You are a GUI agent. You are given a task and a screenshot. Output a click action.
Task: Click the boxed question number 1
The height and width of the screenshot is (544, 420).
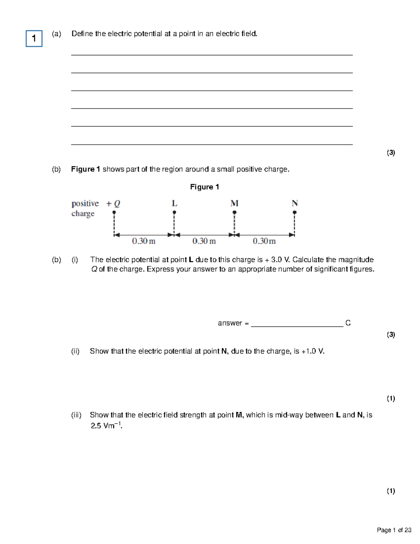(34, 39)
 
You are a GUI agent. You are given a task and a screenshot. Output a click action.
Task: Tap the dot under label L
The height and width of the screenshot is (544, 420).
(174, 212)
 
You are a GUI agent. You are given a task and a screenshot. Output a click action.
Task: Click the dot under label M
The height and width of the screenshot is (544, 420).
(234, 212)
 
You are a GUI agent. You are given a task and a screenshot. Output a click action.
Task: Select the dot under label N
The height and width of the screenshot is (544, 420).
(295, 212)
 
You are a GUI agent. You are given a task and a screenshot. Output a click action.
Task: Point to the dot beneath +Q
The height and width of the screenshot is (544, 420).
(114, 212)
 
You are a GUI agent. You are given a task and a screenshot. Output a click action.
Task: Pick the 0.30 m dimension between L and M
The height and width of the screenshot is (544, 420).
(204, 241)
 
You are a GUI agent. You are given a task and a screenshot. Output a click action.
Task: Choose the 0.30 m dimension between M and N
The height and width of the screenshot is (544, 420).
(264, 241)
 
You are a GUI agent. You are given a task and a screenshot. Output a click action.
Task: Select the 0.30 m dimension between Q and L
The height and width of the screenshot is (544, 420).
(143, 241)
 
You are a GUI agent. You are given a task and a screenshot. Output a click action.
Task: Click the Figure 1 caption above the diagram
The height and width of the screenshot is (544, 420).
(204, 187)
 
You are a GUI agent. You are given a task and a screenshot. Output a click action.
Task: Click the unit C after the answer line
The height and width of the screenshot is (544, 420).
(348, 323)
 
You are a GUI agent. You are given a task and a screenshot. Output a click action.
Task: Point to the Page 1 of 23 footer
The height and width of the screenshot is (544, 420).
(394, 530)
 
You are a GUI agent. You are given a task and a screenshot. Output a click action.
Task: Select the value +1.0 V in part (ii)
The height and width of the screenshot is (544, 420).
(312, 351)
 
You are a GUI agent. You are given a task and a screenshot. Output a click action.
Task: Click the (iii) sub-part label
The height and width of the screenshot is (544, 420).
(76, 415)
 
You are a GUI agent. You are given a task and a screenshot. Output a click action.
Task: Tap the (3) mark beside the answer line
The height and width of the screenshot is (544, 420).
(391, 335)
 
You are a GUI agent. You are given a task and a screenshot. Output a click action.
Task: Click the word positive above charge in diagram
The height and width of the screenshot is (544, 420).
(85, 204)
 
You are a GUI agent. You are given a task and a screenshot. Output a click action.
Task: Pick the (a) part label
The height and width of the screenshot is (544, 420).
(56, 34)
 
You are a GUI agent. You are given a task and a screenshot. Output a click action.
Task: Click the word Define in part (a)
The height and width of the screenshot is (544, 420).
(82, 34)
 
